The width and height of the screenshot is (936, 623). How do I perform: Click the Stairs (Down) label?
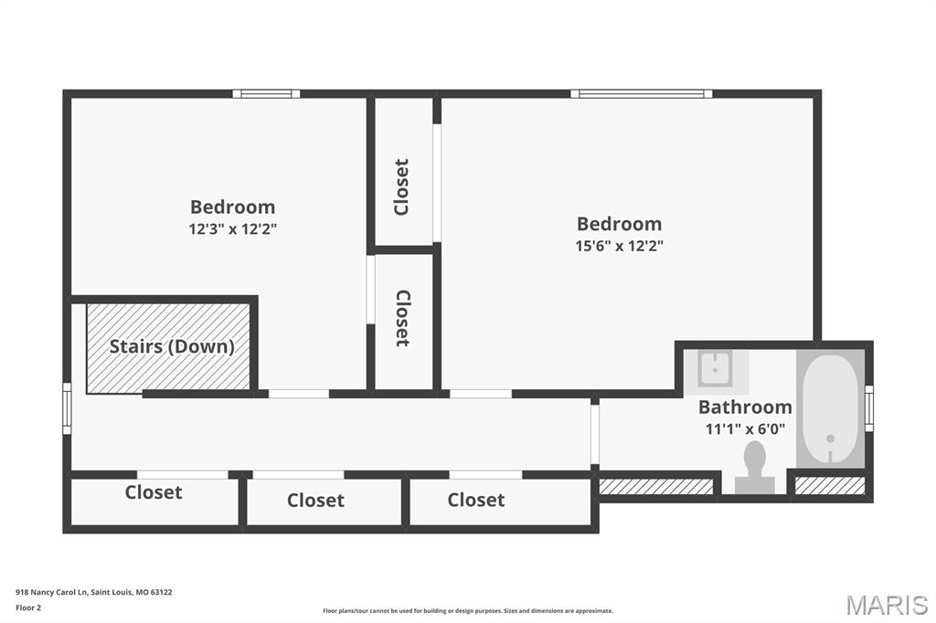pyautogui.click(x=172, y=347)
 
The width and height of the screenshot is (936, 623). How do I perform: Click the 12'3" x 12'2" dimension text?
pyautogui.click(x=232, y=228)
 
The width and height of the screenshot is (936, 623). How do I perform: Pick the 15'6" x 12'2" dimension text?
pyautogui.click(x=619, y=245)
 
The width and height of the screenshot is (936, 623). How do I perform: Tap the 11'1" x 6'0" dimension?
pyautogui.click(x=745, y=428)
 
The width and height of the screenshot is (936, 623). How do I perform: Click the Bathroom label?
pyautogui.click(x=745, y=407)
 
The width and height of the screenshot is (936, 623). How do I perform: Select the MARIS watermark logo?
pyautogui.click(x=886, y=605)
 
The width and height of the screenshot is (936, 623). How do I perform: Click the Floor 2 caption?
pyautogui.click(x=29, y=607)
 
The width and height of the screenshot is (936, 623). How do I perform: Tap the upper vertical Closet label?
pyautogui.click(x=401, y=187)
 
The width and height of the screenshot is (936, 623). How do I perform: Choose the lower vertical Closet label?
pyautogui.click(x=402, y=318)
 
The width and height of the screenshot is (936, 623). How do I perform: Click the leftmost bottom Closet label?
pyautogui.click(x=154, y=492)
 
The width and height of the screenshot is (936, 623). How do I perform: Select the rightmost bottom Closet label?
pyautogui.click(x=475, y=500)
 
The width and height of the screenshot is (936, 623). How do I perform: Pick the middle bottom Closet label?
pyautogui.click(x=315, y=501)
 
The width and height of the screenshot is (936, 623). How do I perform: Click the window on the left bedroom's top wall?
pyautogui.click(x=266, y=93)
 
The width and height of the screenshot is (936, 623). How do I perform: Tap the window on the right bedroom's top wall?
pyautogui.click(x=642, y=93)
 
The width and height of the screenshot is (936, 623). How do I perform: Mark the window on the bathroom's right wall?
pyautogui.click(x=868, y=408)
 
